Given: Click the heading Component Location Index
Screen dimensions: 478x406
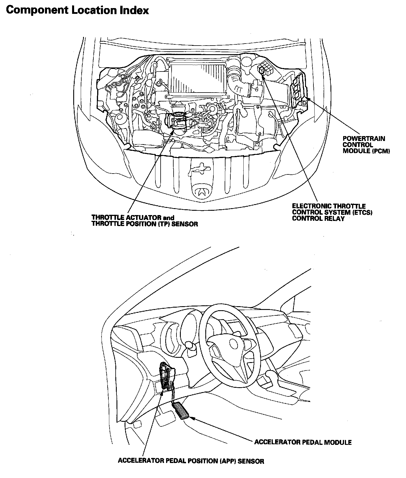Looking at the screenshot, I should click(77, 10).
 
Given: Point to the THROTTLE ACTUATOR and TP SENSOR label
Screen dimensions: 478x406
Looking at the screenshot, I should click(144, 221).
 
